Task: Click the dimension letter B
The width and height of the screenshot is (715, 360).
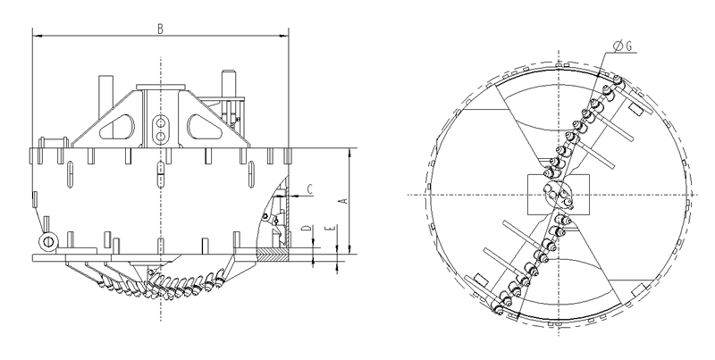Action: point(159,28)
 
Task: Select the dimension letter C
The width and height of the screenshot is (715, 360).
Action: point(308,188)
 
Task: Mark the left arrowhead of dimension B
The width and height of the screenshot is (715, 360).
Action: point(36,36)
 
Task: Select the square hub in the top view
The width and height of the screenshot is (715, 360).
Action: point(554,194)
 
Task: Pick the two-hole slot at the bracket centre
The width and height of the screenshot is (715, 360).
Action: point(160,128)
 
